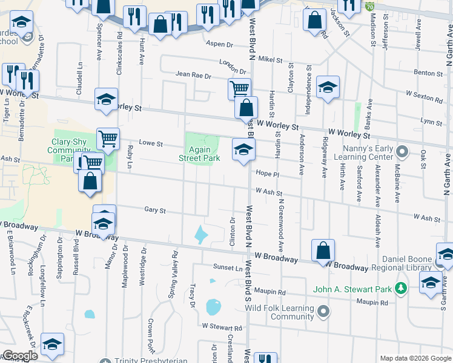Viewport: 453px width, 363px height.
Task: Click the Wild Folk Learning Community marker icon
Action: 324,312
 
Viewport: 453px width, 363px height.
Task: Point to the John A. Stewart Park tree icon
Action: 400,288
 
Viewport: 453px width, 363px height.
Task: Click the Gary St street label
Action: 155,210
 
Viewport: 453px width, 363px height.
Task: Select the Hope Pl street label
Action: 266,173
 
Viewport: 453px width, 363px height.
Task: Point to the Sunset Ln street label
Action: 227,267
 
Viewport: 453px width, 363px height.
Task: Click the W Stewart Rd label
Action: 222,327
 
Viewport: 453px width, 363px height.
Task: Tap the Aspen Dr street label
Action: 219,45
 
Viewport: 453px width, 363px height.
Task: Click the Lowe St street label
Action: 151,144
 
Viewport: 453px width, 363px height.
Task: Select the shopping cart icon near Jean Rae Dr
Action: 240,88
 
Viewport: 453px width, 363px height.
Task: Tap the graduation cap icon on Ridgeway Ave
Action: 328,87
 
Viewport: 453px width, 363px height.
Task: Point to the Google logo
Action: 20,356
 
